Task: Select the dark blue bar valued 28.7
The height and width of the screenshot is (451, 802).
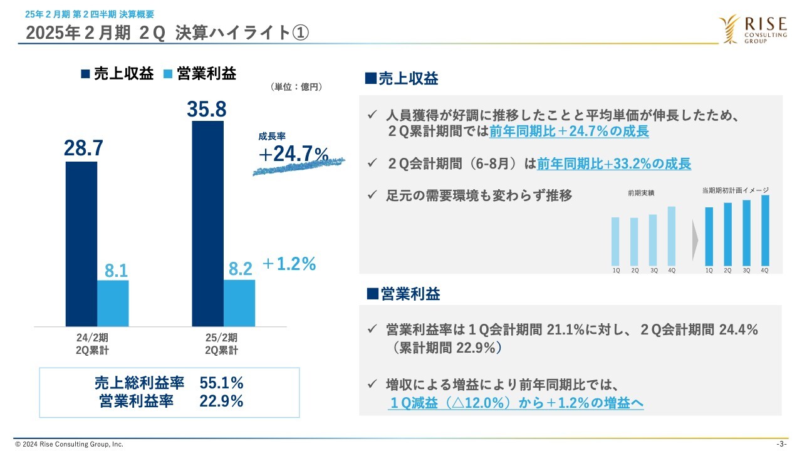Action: coord(81,244)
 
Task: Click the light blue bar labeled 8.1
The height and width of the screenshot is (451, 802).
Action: coord(113,303)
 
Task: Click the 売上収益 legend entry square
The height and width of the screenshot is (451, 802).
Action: coord(86,74)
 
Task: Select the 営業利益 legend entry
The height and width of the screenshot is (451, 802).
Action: coord(200,74)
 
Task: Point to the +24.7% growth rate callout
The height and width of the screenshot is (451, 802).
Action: coord(293,154)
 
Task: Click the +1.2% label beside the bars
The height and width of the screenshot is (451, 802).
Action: coord(288,264)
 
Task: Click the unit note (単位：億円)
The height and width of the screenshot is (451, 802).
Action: coord(296,87)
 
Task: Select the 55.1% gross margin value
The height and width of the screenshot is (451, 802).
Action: coord(221,383)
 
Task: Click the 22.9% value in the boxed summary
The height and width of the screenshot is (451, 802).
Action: coord(221,402)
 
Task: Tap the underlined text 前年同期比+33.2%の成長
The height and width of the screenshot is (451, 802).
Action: coord(614,164)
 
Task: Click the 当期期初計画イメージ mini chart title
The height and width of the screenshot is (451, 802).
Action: coord(736,190)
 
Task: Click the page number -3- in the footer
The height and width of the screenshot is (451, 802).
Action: coord(781,444)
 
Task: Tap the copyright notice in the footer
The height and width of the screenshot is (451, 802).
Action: coord(69,444)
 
